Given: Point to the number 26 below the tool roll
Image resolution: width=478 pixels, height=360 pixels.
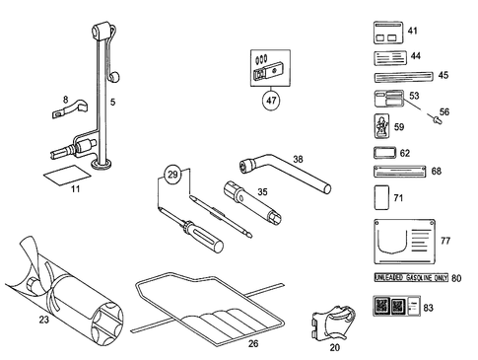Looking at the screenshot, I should click(253, 343).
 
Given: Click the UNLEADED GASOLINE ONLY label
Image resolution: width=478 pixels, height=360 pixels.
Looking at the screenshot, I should click(408, 278).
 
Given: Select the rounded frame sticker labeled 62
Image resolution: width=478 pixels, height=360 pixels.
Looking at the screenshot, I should click(383, 154).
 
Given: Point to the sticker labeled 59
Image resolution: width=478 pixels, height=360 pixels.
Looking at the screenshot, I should click(383, 126).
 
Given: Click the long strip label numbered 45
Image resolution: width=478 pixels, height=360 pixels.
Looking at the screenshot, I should click(403, 75).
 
